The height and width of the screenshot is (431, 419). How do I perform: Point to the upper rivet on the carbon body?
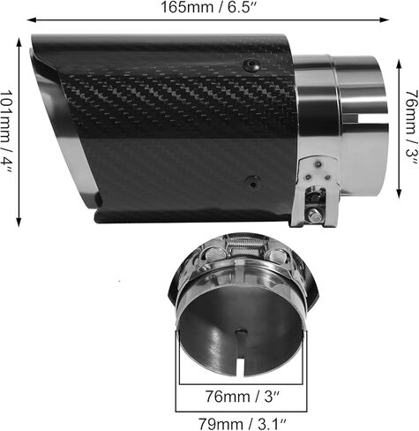click(254, 64)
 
